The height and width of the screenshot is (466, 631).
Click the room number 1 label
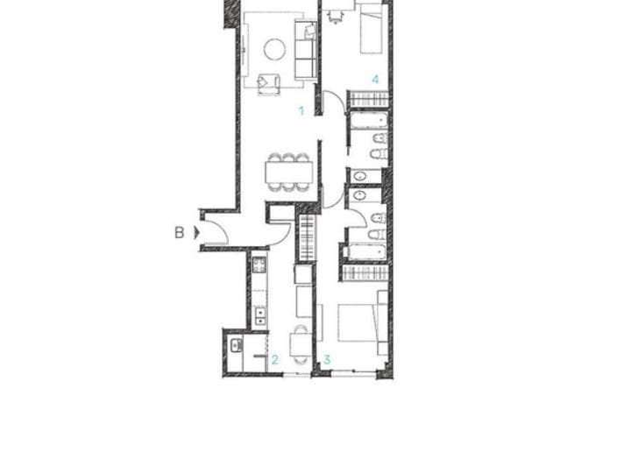tap(301, 111)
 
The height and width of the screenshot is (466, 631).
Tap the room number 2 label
tap(274, 359)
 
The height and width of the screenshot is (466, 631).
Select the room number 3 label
tap(326, 359)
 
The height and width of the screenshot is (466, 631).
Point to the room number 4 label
tap(375, 80)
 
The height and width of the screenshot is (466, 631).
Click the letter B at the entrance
tap(179, 232)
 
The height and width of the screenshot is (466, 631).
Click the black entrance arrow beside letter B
tap(196, 232)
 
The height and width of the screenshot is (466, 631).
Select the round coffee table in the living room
tap(274, 49)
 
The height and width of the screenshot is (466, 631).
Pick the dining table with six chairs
tap(288, 172)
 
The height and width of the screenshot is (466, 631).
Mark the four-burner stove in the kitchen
tap(259, 264)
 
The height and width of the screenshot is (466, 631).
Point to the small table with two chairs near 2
tap(299, 342)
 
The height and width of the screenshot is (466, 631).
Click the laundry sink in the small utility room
tap(236, 346)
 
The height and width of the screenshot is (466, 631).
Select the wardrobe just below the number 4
tap(367, 99)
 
